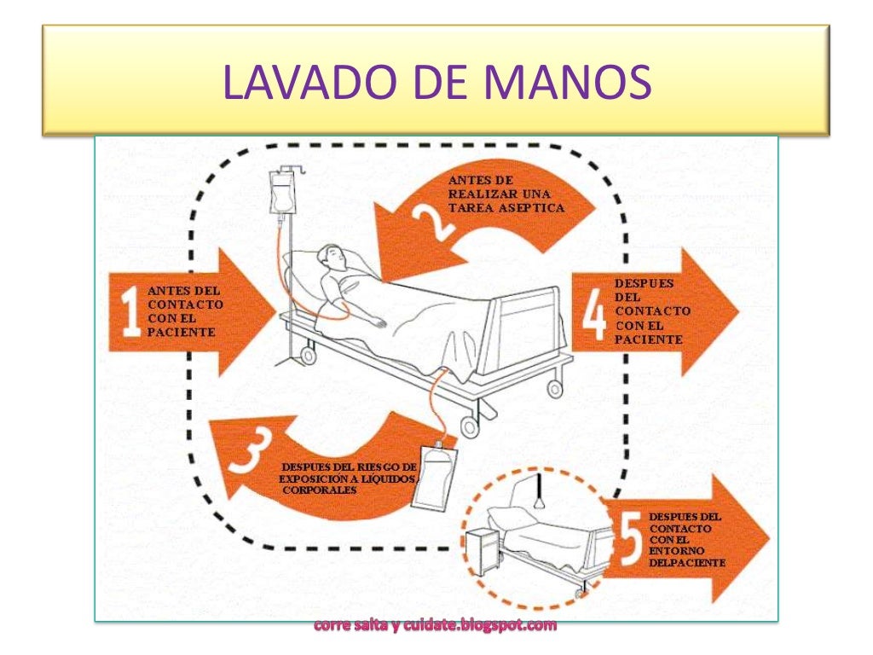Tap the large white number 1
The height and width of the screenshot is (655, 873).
(130, 314)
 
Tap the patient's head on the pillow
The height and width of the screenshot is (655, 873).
(333, 256)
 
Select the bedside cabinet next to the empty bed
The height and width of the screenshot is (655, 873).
(483, 550)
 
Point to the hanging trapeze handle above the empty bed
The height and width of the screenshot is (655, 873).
(540, 498)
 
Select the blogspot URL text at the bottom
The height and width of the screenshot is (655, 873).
(436, 626)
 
